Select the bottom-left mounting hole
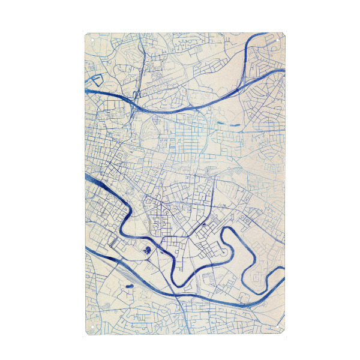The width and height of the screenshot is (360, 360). (x=92, y=328)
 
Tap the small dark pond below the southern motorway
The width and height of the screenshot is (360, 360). (x=128, y=287)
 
